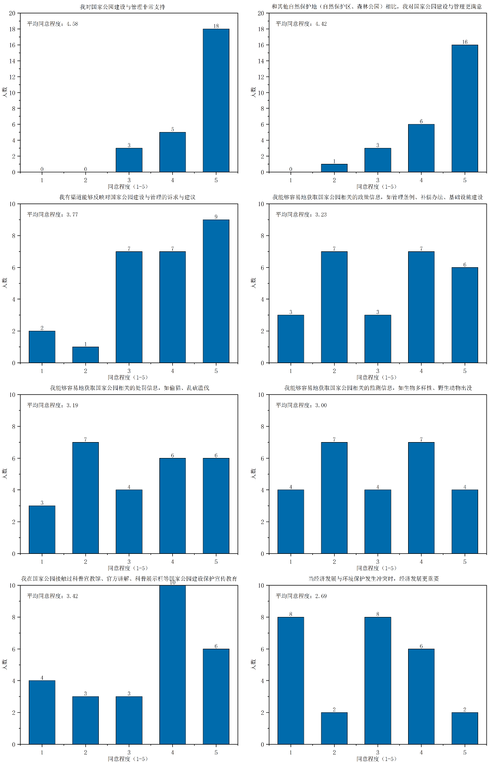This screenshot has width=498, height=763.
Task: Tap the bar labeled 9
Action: [x=216, y=291]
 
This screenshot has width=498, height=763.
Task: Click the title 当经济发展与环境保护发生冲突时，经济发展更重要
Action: [x=373, y=579]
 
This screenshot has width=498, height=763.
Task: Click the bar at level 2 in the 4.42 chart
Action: [x=334, y=168]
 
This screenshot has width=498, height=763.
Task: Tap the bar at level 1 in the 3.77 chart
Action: [x=42, y=347]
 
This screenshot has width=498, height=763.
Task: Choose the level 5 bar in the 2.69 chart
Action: [x=465, y=728]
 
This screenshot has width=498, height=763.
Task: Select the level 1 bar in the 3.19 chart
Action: [x=42, y=530]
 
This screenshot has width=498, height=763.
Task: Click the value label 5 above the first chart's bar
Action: [x=173, y=129]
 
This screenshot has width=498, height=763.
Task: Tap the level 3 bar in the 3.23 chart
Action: [x=377, y=339]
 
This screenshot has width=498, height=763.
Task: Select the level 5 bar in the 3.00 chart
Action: [x=465, y=522]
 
